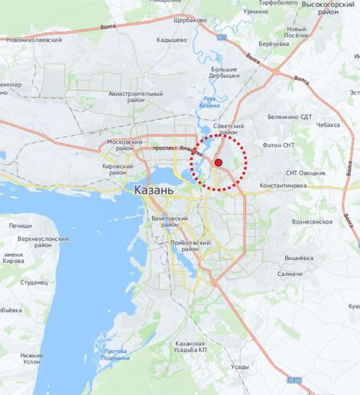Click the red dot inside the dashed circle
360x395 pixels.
click(x=218, y=162)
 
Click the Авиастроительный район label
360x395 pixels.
click(x=136, y=97)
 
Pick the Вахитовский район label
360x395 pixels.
click(x=169, y=221)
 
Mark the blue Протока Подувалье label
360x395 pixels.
click(x=116, y=354)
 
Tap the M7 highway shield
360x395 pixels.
click(x=222, y=38)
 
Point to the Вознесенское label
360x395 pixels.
click(x=312, y=222)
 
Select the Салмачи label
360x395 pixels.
click(x=290, y=273)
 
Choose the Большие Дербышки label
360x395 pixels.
click(x=224, y=72)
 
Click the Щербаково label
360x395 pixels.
click(x=189, y=20)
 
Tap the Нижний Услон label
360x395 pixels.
click(x=32, y=359)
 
